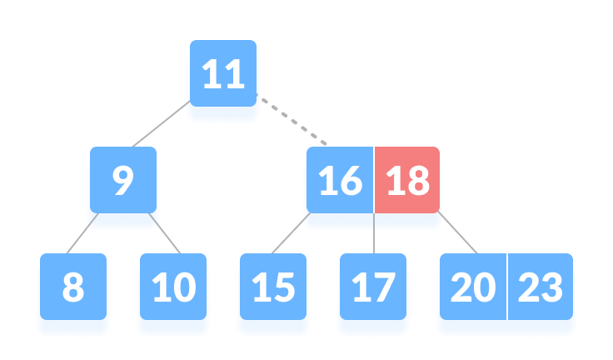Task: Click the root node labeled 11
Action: coord(222,82)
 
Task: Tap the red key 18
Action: coord(407,180)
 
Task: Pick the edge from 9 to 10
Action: coord(165,236)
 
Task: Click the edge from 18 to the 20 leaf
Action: coord(459,235)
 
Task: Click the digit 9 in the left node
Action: coord(122,182)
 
